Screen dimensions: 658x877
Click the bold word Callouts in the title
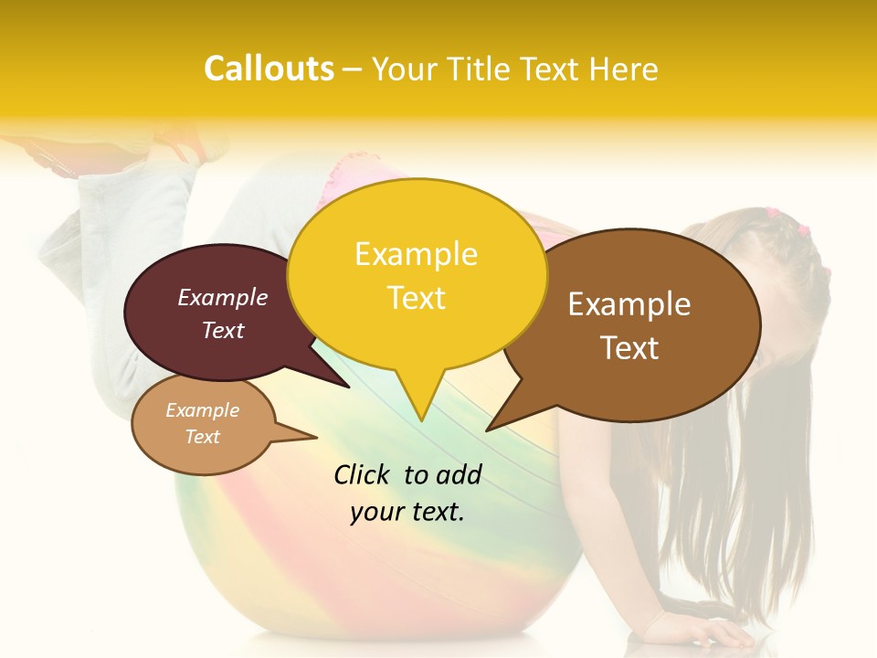(x=269, y=69)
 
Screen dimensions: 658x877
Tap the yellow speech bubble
(x=417, y=274)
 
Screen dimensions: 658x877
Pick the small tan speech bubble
(x=203, y=424)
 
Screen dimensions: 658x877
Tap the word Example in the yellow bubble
(x=417, y=254)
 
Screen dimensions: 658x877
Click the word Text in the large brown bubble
(x=630, y=348)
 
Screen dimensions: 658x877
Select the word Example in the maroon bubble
(x=223, y=298)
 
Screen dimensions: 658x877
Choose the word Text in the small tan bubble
(x=203, y=437)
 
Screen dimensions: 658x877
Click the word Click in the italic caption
(x=363, y=474)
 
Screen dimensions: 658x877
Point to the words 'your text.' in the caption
(x=407, y=512)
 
